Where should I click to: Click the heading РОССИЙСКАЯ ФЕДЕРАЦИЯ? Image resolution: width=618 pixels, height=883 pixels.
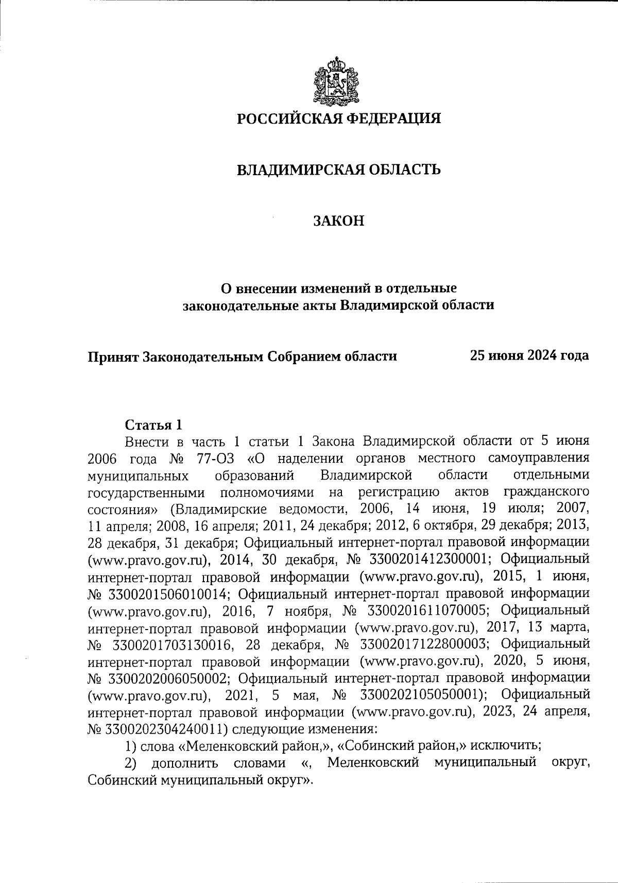[x=339, y=119]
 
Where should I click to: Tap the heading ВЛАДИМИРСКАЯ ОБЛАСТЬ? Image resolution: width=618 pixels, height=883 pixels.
[x=338, y=169]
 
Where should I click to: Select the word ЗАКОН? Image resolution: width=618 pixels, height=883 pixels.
[x=339, y=220]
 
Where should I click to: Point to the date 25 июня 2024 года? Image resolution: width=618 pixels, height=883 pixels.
[x=529, y=355]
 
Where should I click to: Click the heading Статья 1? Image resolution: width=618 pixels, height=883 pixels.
[x=153, y=425]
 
